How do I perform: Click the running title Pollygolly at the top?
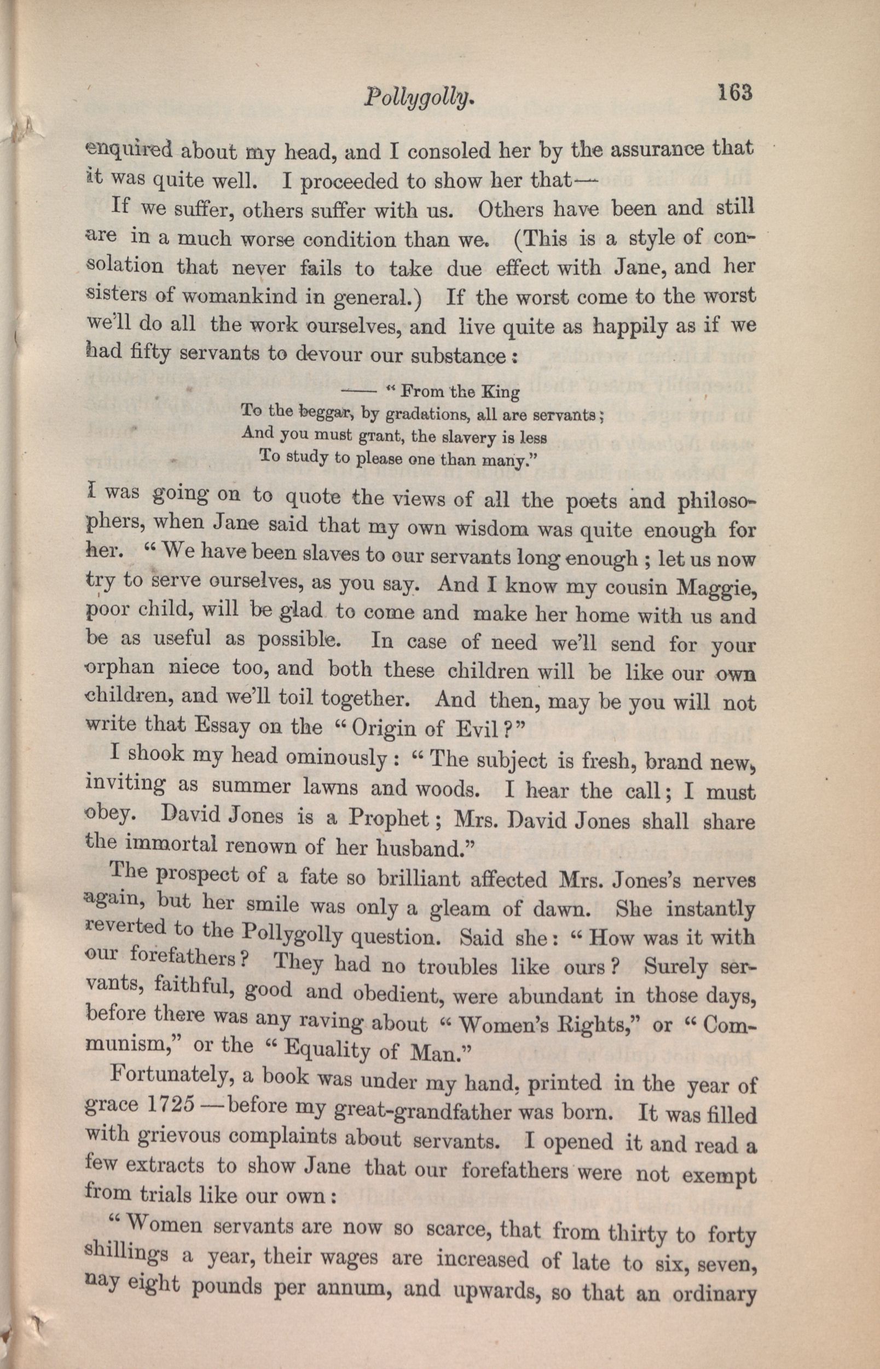(x=419, y=99)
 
